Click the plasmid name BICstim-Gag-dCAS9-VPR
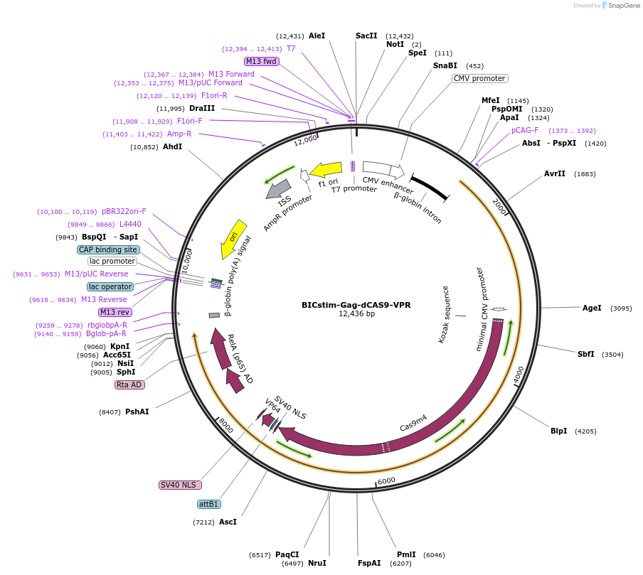(x=356, y=305)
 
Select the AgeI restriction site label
(x=592, y=308)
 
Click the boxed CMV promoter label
(x=479, y=78)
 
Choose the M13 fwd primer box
(x=261, y=61)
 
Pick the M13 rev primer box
(x=115, y=312)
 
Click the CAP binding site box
(x=108, y=249)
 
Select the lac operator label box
(x=110, y=286)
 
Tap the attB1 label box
(x=209, y=504)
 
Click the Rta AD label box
(x=129, y=385)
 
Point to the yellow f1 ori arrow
(x=326, y=170)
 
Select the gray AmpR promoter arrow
(x=279, y=189)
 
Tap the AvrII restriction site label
(x=555, y=173)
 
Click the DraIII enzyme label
(x=202, y=108)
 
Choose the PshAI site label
(x=137, y=412)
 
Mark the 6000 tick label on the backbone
(x=386, y=480)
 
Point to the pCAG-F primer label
(x=525, y=130)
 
